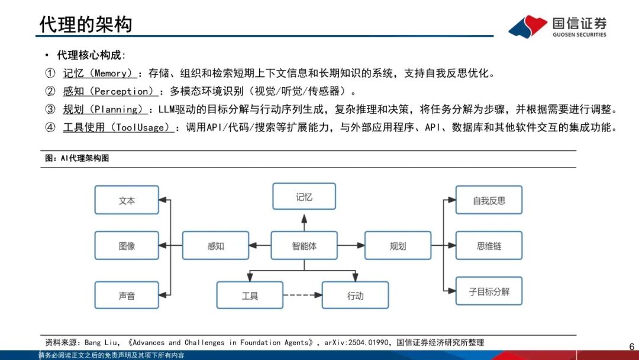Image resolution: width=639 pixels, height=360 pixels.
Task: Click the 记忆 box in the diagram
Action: pos(304,197)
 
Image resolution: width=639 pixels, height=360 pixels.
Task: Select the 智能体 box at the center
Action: pos(304,246)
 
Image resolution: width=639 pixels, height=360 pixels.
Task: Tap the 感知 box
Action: pos(215,246)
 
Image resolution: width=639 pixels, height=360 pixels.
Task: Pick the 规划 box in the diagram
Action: pos(398,246)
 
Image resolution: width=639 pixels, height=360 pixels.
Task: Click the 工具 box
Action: pos(250,295)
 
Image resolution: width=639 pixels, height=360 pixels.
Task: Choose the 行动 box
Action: pos(355,295)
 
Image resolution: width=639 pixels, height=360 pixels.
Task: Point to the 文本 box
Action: pos(127,200)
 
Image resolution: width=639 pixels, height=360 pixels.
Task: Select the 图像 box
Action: pos(127,246)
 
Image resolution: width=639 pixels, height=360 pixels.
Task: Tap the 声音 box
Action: pos(127,295)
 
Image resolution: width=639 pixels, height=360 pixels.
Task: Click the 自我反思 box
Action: pos(489,200)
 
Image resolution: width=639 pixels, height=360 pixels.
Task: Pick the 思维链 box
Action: pos(489,246)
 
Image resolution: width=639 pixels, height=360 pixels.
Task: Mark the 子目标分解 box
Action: pos(489,291)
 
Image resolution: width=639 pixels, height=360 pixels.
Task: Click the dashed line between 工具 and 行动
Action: pos(302,295)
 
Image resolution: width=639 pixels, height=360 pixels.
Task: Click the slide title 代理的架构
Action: pos(86,24)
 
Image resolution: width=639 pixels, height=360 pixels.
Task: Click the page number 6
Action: pos(631,347)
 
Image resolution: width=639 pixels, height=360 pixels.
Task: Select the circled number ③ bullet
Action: pos(50,110)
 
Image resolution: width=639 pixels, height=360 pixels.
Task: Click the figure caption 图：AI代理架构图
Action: pos(77,159)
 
